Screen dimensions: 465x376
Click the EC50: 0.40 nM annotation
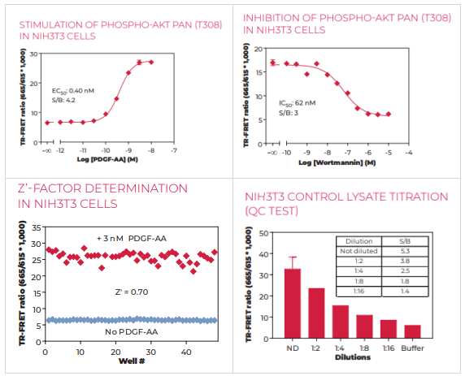pyautogui.click(x=73, y=91)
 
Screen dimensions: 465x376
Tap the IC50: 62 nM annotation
pyautogui.click(x=298, y=103)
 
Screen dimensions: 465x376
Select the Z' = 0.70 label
pyautogui.click(x=132, y=292)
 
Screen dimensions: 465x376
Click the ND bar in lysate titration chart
pyautogui.click(x=293, y=304)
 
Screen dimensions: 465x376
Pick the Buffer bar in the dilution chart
pyautogui.click(x=412, y=331)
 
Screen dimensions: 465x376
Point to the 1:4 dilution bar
pyautogui.click(x=341, y=322)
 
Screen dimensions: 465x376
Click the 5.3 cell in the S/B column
pyautogui.click(x=405, y=251)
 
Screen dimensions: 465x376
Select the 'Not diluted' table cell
pyautogui.click(x=359, y=251)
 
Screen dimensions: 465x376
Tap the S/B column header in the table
pyautogui.click(x=405, y=241)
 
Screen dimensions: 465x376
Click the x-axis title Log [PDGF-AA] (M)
pyautogui.click(x=107, y=159)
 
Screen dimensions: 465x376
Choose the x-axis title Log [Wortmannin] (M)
pyautogui.click(x=337, y=162)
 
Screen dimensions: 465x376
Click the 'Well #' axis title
pyautogui.click(x=132, y=361)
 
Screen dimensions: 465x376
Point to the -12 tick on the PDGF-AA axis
pyautogui.click(x=60, y=150)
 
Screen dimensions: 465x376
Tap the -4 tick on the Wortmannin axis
pyautogui.click(x=409, y=153)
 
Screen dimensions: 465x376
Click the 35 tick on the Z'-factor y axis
pyautogui.click(x=37, y=228)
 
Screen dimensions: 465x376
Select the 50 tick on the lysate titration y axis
pyautogui.click(x=263, y=234)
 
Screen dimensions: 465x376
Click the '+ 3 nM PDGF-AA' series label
pyautogui.click(x=132, y=239)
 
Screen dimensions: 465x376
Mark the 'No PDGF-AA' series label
pyautogui.click(x=132, y=332)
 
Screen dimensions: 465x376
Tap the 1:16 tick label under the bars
pyautogui.click(x=389, y=348)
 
